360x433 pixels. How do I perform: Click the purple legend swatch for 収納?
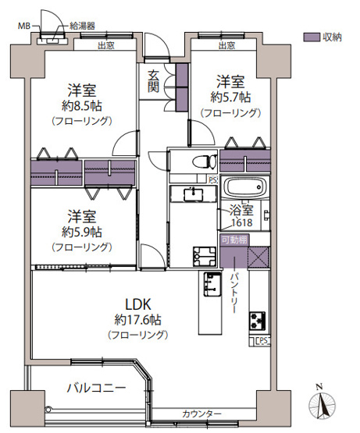(x=312, y=37)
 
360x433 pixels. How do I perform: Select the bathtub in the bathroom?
(x=246, y=190)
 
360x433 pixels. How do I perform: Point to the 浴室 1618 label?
(x=241, y=216)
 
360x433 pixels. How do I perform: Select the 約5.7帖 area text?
(x=230, y=97)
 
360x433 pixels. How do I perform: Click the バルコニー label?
(x=95, y=386)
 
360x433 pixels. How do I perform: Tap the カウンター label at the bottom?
(x=202, y=413)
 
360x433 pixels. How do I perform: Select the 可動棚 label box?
(x=233, y=240)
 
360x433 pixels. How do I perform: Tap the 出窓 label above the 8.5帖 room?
(x=106, y=45)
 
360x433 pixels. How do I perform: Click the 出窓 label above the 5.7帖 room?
(x=226, y=45)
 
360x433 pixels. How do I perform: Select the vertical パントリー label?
(x=237, y=293)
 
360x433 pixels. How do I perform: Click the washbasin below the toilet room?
(x=191, y=193)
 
